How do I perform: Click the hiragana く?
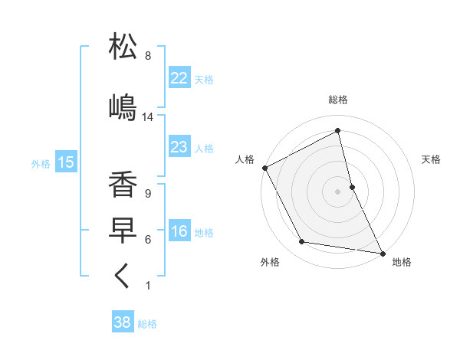click(123, 277)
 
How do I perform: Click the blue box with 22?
click(179, 77)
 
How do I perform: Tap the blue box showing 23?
click(179, 147)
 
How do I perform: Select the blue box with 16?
click(179, 231)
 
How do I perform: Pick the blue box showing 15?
click(65, 162)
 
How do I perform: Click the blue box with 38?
click(123, 322)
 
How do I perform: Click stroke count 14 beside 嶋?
click(148, 117)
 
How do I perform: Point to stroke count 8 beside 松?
click(148, 56)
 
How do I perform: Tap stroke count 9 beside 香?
click(147, 193)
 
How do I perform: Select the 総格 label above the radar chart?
click(338, 100)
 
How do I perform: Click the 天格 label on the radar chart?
click(431, 159)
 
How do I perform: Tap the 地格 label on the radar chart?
click(402, 262)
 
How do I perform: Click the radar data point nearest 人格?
click(264, 167)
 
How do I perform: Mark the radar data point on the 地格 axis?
click(382, 252)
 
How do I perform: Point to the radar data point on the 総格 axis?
click(338, 131)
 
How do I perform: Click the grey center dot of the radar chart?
click(338, 191)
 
